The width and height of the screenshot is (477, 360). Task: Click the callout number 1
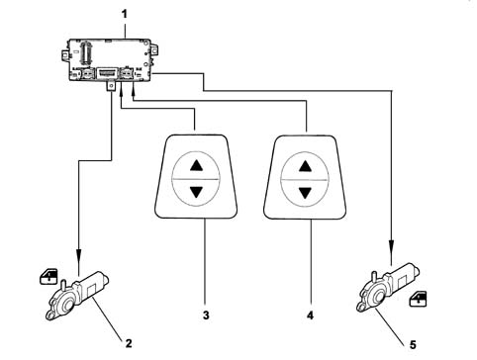(125, 14)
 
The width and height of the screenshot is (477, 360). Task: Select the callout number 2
(129, 343)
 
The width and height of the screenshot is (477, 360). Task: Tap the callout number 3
(206, 315)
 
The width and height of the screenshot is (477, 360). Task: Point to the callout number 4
(310, 315)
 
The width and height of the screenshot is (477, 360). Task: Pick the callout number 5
(413, 345)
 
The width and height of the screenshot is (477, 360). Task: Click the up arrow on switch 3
(197, 165)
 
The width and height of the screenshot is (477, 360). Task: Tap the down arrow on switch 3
(197, 192)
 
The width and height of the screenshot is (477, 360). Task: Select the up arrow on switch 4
(305, 166)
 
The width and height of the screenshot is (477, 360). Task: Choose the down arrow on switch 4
(305, 193)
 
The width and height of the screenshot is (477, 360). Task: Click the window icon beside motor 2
(48, 277)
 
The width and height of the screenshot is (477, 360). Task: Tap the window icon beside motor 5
(418, 299)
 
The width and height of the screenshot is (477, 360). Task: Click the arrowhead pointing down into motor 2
(79, 255)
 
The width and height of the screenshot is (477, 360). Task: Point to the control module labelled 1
(111, 60)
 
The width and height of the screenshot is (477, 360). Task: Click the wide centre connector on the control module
(107, 73)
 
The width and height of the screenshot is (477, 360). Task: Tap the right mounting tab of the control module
(154, 50)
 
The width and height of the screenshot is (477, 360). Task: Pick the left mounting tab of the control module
(65, 55)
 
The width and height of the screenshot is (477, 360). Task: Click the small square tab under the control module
(111, 86)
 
